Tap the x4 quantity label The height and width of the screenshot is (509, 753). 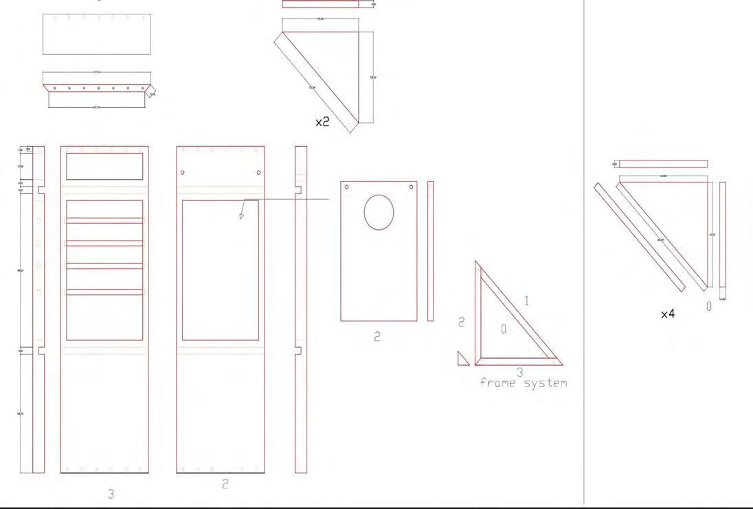(x=667, y=313)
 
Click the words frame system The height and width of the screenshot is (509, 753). (x=524, y=383)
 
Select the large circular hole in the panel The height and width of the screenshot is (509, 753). (x=379, y=212)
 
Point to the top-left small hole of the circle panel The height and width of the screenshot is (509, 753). (x=347, y=187)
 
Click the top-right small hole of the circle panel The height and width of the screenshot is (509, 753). (x=412, y=187)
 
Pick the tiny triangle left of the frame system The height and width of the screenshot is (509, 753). (x=463, y=359)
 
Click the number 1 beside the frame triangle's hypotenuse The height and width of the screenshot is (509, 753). (x=527, y=300)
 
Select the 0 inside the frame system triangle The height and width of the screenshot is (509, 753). (x=504, y=330)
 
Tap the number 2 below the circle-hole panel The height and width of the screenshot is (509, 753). (x=377, y=337)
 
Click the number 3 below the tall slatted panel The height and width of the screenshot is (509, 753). (x=111, y=493)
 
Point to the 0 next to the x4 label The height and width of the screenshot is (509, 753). (x=709, y=307)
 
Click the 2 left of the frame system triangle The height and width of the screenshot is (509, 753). (x=462, y=322)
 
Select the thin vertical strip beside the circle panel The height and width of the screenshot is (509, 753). (x=431, y=251)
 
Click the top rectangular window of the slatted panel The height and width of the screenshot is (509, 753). (x=104, y=166)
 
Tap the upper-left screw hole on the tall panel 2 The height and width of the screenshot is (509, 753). (x=182, y=172)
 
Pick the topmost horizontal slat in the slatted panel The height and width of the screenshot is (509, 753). (x=104, y=221)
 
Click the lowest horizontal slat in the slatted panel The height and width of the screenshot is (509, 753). (x=104, y=292)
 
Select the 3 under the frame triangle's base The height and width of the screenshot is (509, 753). (x=520, y=372)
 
